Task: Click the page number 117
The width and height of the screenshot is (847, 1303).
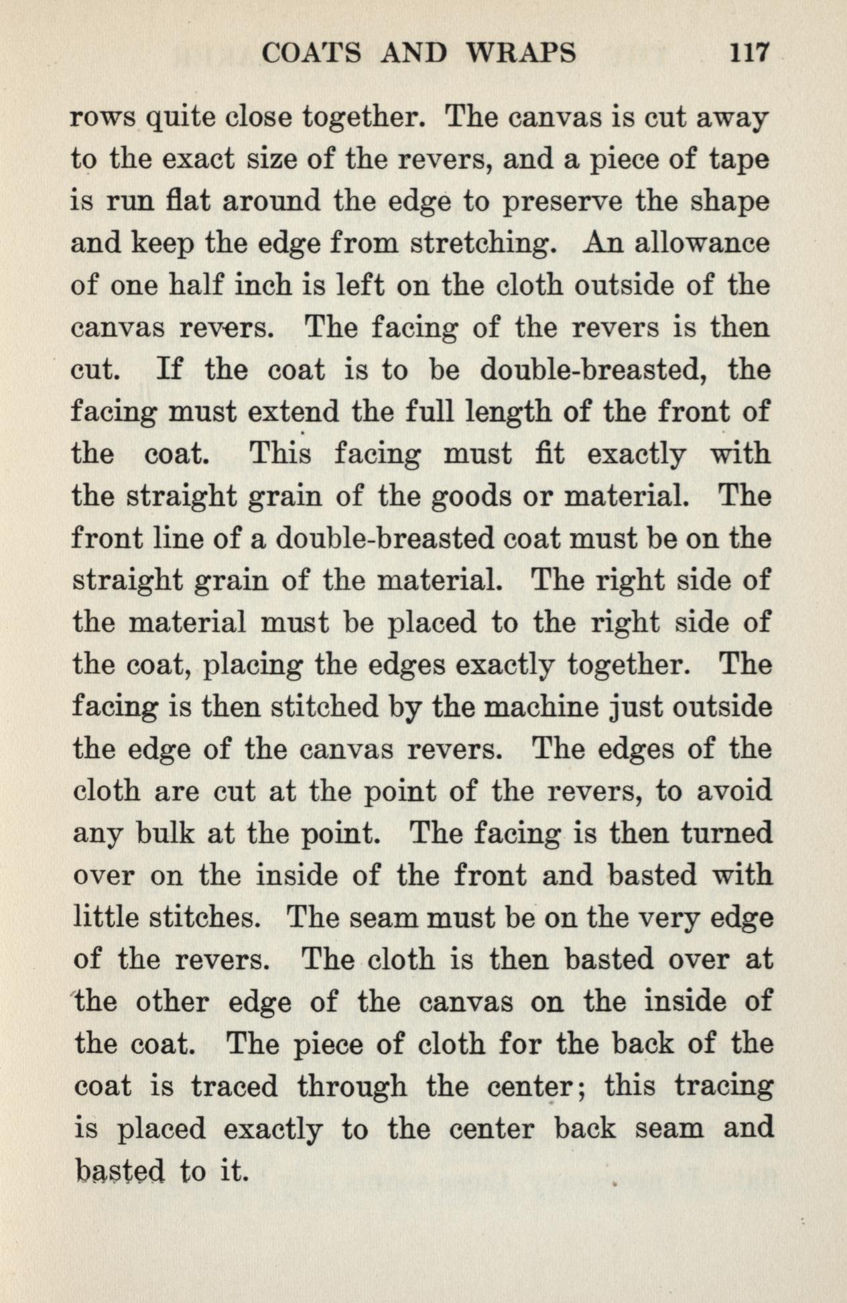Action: pos(749,52)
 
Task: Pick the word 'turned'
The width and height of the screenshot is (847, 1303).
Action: pos(726,834)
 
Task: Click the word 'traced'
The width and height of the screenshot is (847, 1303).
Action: pos(234,1087)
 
